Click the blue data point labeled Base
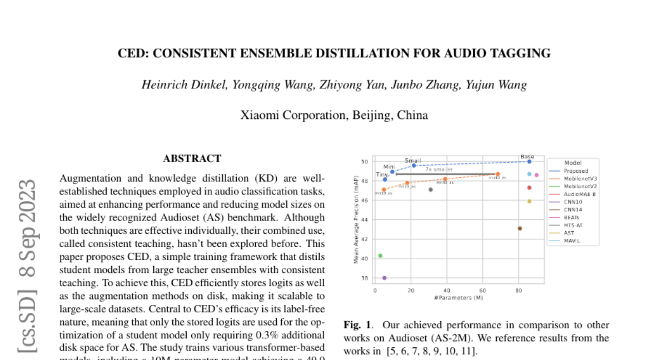point(529,162)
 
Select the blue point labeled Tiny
point(385,179)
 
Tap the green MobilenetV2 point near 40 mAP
point(380,256)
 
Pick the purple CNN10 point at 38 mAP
point(385,278)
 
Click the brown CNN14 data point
point(520,228)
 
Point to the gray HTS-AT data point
point(431,190)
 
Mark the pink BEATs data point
point(536,175)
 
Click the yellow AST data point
point(529,201)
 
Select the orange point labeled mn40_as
point(497,174)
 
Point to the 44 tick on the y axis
point(365,219)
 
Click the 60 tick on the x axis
point(482,291)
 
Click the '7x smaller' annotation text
point(439,169)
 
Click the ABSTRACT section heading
point(192,159)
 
